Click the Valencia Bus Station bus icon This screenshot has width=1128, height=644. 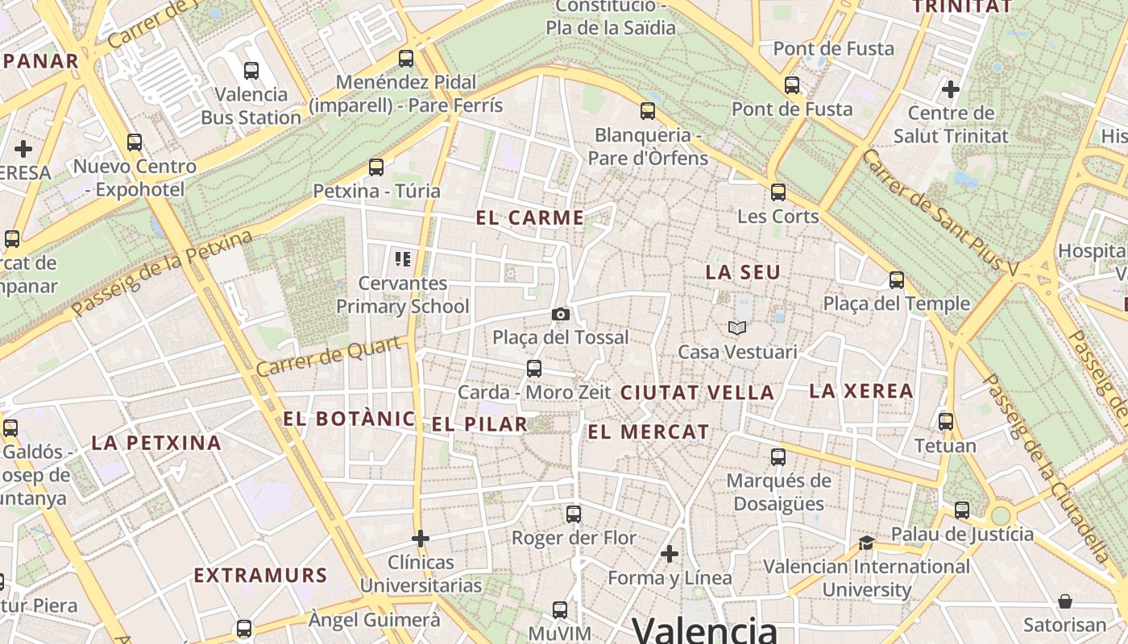(251, 70)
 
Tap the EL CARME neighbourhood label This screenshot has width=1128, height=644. (529, 217)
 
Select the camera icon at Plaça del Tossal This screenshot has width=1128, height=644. (561, 314)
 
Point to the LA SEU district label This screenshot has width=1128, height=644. (743, 272)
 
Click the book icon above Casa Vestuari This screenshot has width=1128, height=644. (737, 328)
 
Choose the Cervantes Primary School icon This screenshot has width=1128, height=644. (403, 258)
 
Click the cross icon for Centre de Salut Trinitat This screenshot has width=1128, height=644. (951, 89)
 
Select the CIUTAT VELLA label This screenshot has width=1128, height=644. (697, 393)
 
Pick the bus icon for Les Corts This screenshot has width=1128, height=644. (778, 192)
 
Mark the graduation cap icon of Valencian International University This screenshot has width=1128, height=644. (866, 543)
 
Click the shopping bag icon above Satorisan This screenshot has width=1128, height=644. (1065, 601)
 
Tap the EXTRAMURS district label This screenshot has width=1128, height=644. (260, 576)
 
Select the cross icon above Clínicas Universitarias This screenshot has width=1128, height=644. (420, 538)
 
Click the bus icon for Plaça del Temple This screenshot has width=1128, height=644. (897, 279)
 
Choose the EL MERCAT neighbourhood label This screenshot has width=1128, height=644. (649, 432)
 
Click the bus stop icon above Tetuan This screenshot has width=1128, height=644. (946, 421)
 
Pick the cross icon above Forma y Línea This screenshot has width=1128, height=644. (670, 554)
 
